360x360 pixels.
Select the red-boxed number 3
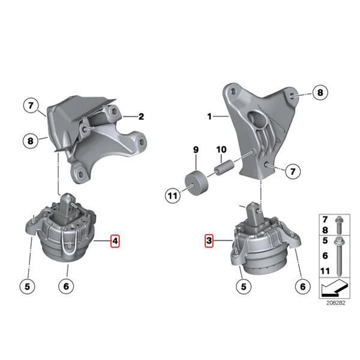[209, 241]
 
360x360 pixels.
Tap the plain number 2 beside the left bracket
[142, 117]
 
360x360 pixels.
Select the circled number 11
[172, 194]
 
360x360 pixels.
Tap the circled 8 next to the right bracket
[319, 93]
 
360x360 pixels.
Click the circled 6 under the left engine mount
[65, 286]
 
